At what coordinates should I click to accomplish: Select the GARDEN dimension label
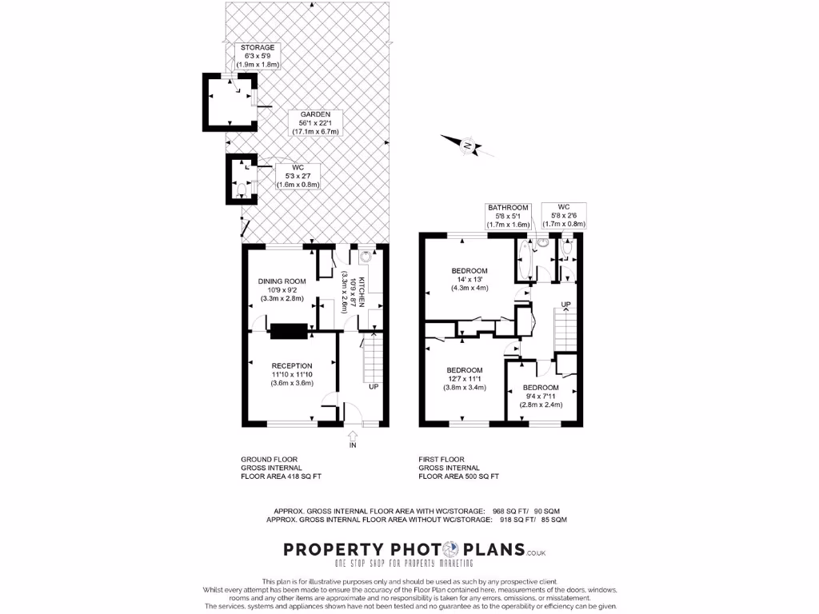(x=315, y=123)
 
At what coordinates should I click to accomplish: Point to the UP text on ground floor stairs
(x=373, y=387)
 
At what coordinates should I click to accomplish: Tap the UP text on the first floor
(x=565, y=305)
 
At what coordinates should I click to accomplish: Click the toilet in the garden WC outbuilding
(x=242, y=190)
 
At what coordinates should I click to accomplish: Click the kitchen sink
(x=366, y=257)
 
